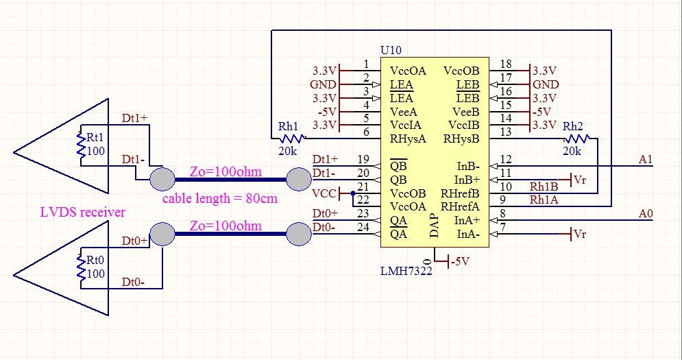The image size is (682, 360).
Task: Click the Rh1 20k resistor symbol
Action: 288,139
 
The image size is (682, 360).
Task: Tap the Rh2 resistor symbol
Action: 572,139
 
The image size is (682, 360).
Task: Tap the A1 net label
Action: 645,160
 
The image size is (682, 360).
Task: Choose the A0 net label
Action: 645,214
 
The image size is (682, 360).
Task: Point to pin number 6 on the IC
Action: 366,132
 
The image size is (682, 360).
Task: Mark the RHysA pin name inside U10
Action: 408,139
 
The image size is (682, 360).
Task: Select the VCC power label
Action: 324,193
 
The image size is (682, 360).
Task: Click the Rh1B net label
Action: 544,186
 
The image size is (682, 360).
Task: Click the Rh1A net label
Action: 544,200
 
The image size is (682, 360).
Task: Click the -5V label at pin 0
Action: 462,261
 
